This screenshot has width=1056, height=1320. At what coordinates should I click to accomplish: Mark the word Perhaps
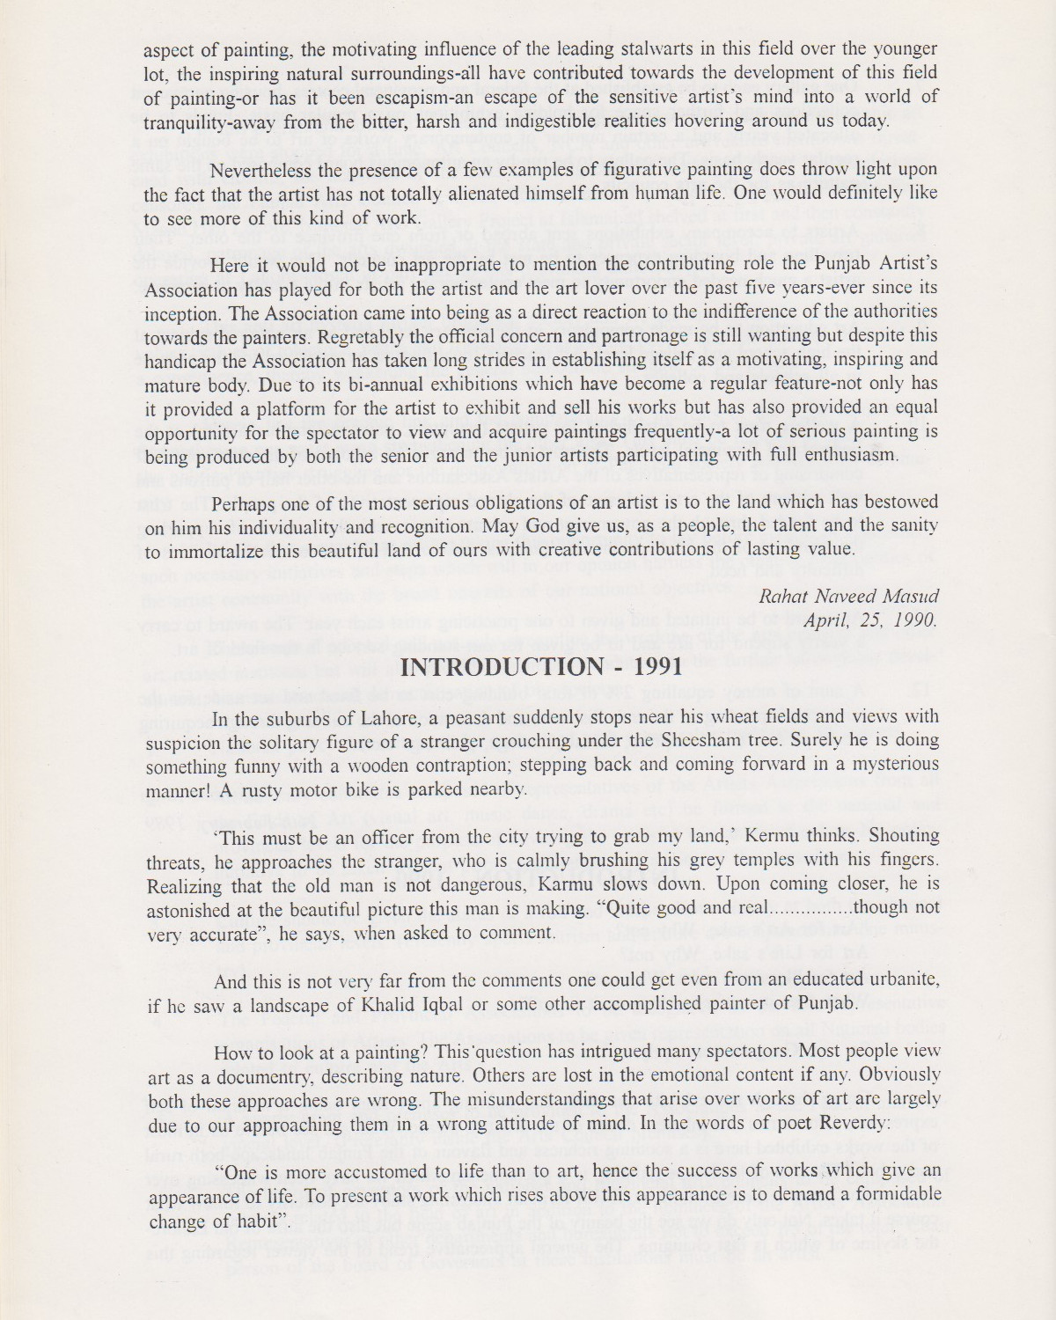pyautogui.click(x=246, y=502)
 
